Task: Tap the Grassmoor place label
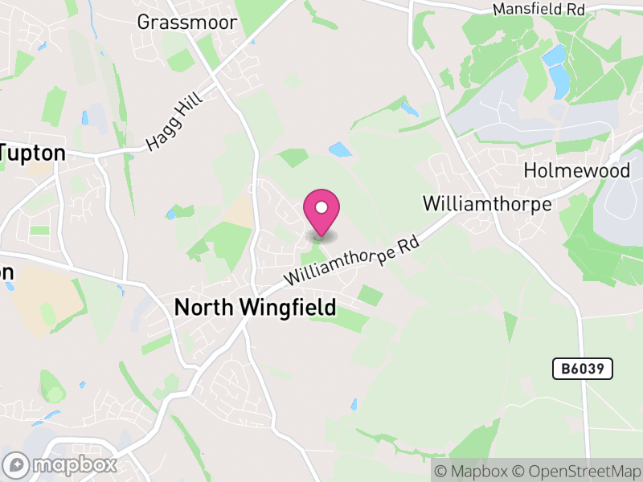pos(187,22)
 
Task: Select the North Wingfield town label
pos(255,307)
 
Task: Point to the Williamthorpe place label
pos(487,204)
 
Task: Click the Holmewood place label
pos(576,170)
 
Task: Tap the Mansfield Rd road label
pos(538,10)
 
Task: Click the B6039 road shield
pos(583,369)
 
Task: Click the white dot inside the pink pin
pos(321,207)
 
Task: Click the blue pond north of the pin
pos(340,149)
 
